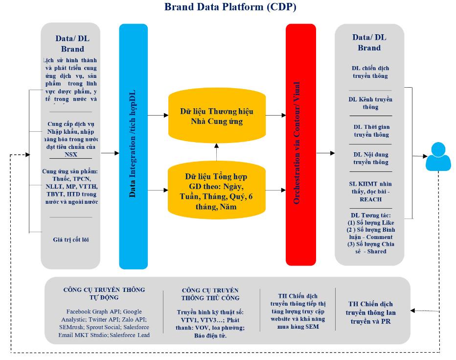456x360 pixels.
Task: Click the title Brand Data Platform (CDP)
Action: [230, 7]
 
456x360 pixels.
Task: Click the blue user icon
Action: [437, 156]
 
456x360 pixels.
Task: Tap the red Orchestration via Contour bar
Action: [299, 146]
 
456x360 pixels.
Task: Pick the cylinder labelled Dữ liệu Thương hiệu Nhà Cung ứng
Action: [216, 116]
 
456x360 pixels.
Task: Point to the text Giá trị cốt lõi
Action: [71, 240]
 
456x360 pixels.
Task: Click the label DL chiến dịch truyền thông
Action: [370, 72]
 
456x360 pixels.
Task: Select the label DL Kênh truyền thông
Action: [370, 103]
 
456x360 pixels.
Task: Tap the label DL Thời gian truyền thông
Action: [370, 131]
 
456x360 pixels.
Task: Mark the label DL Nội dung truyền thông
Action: [370, 158]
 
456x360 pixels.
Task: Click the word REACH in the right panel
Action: [370, 200]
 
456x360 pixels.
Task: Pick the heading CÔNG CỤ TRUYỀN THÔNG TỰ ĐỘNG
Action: [104, 293]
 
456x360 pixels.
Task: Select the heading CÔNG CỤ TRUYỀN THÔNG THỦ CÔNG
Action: [210, 294]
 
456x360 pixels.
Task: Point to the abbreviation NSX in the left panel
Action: [70, 155]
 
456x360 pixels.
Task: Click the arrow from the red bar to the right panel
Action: [325, 153]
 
